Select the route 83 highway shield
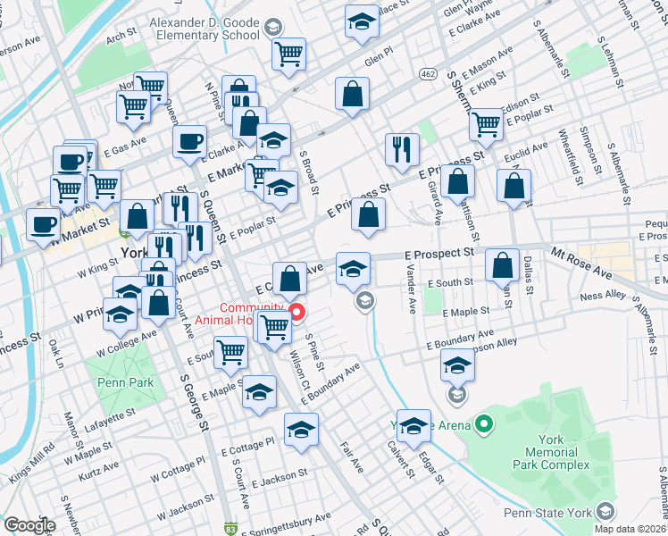click(x=231, y=528)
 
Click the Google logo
click(x=29, y=525)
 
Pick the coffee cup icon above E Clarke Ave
click(x=189, y=141)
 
